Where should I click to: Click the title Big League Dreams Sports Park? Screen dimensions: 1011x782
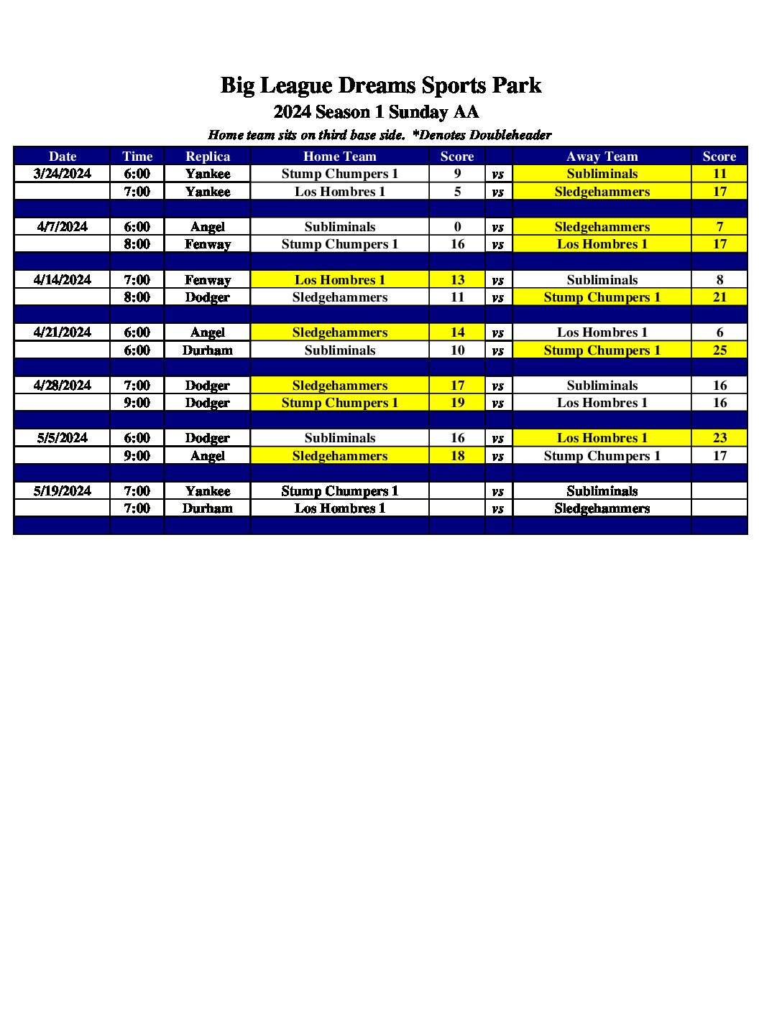(x=380, y=85)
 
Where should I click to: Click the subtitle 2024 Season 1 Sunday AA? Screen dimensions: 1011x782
(x=376, y=112)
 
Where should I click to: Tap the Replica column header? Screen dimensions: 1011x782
(x=208, y=157)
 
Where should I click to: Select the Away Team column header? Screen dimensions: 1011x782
(x=602, y=157)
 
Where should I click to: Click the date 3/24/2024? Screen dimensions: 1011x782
(x=63, y=174)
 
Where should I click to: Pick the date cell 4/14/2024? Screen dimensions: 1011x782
(x=63, y=280)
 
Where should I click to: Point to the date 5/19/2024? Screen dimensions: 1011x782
(x=63, y=491)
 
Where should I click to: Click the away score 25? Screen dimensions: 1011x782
(x=719, y=350)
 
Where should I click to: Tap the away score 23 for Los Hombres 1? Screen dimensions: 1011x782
(x=719, y=438)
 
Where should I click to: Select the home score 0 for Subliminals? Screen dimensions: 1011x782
(x=457, y=227)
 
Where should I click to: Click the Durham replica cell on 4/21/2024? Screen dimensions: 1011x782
(x=208, y=350)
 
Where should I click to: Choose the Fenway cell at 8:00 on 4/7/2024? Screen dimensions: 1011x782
(x=208, y=244)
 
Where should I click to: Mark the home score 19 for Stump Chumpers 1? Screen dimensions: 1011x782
(x=457, y=403)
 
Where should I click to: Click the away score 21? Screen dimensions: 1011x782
(x=719, y=297)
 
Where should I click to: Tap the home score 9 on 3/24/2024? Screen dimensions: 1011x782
(x=457, y=174)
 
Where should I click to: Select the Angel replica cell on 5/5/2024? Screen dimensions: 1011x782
(x=208, y=456)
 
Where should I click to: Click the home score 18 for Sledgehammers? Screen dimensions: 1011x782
(x=457, y=456)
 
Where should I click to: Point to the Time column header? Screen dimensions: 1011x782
(x=137, y=157)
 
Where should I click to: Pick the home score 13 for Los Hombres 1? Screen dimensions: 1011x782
(x=457, y=280)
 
